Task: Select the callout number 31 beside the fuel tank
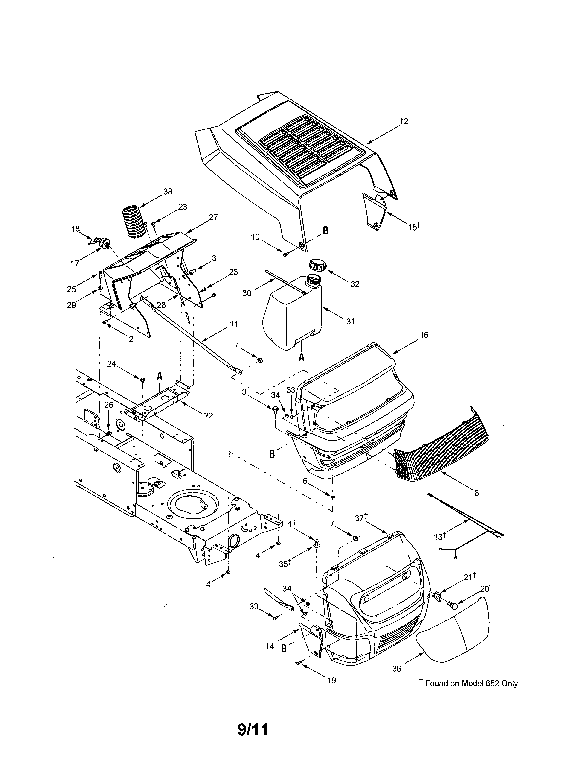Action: [351, 321]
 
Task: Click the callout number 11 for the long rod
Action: [234, 324]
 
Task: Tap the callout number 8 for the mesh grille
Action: [477, 493]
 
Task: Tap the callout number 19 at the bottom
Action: [332, 680]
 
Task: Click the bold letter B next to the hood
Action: [325, 231]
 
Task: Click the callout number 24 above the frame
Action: [111, 364]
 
